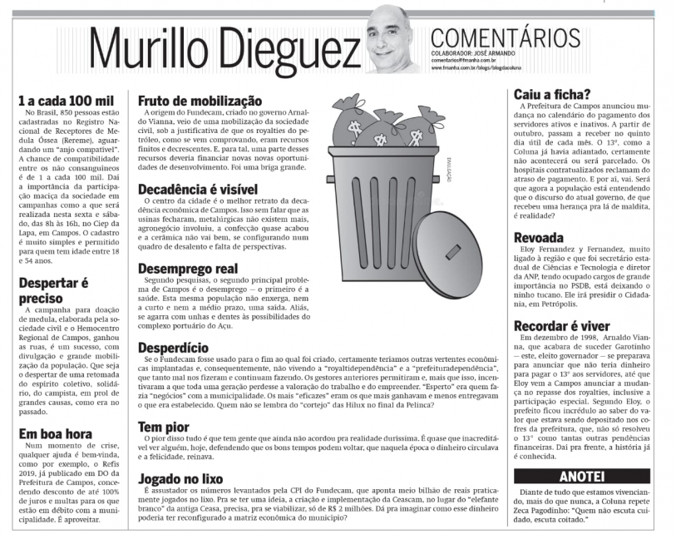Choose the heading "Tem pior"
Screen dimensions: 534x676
click(162, 426)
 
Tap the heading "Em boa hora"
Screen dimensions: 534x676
click(55, 433)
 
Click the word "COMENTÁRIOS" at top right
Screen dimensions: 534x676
click(506, 38)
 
